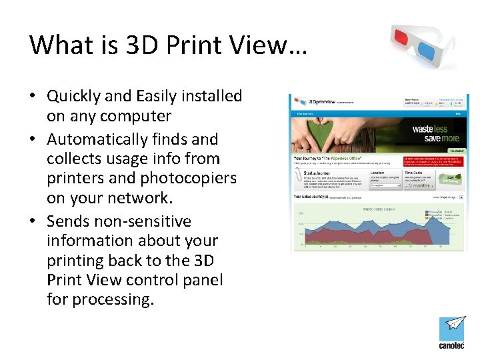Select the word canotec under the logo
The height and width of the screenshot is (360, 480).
[452, 346]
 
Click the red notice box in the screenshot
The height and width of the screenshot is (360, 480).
[432, 163]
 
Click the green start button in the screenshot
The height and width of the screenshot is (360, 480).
[451, 179]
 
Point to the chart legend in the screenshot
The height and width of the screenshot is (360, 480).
[437, 217]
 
